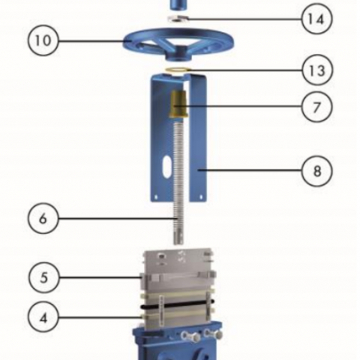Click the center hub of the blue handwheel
click(x=176, y=40)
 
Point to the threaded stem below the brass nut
click(x=177, y=180)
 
